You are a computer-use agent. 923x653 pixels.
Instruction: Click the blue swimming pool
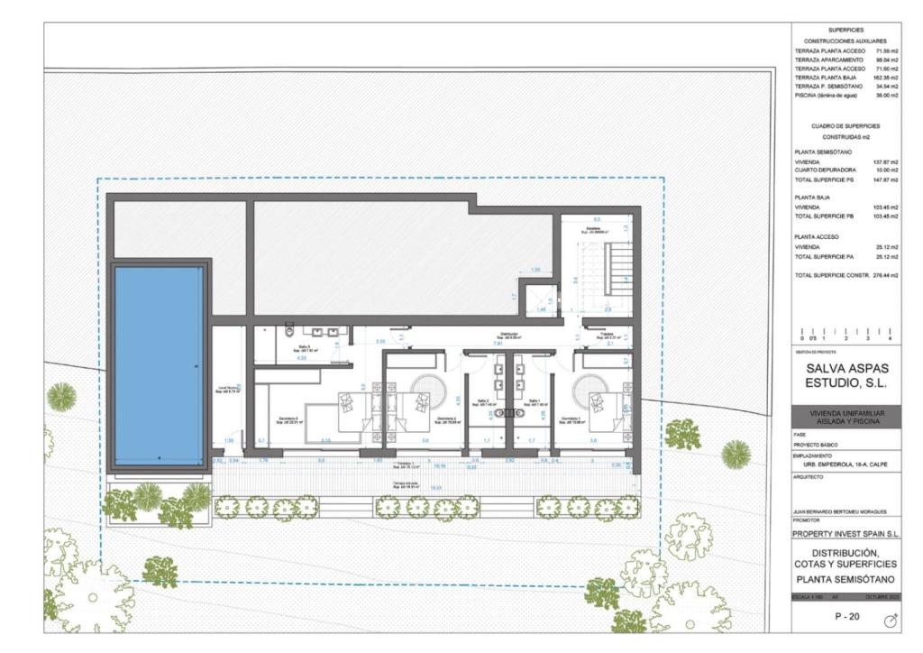coord(159,365)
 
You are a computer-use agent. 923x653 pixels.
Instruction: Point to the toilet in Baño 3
coord(290,328)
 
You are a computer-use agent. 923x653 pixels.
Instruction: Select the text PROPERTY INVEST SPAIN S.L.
coord(845,533)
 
